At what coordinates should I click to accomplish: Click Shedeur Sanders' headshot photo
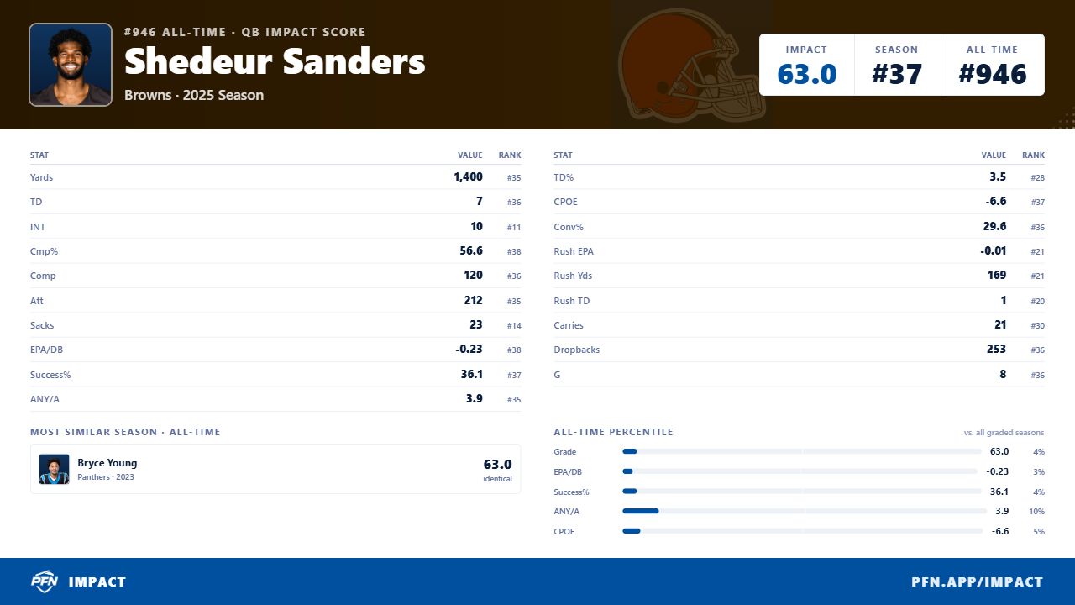coord(71,65)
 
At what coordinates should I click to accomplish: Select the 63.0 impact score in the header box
coord(807,74)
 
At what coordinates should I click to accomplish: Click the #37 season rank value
coord(896,74)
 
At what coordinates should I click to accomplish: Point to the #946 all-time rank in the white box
coord(992,74)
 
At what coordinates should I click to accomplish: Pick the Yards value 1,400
coord(468,176)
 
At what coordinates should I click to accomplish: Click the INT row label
coord(38,227)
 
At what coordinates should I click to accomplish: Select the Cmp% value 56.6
coord(471,250)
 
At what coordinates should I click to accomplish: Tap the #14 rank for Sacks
coord(513,325)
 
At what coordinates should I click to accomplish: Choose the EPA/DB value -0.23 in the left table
coord(469,349)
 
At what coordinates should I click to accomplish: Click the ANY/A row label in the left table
coord(45,399)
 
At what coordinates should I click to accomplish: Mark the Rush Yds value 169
coord(997,275)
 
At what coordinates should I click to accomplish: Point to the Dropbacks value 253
coord(996,349)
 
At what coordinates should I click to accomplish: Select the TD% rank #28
coord(1037,177)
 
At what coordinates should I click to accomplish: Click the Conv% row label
coord(569,227)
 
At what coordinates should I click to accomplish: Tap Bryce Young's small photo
coord(54,469)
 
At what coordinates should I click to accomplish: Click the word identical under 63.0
coord(497,479)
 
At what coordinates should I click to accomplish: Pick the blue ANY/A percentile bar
coord(640,511)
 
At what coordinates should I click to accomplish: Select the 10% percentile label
coord(1036,512)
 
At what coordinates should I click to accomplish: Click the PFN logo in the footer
coord(45,581)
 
